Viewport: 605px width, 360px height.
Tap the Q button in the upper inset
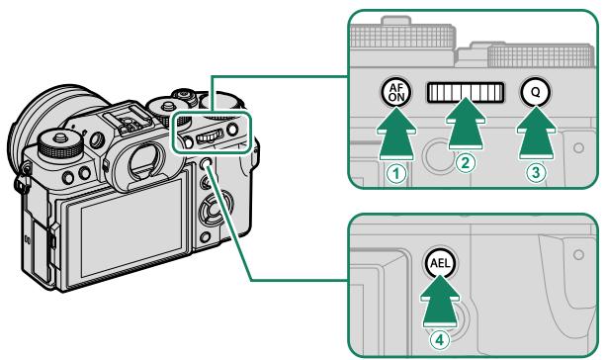tap(534, 93)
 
